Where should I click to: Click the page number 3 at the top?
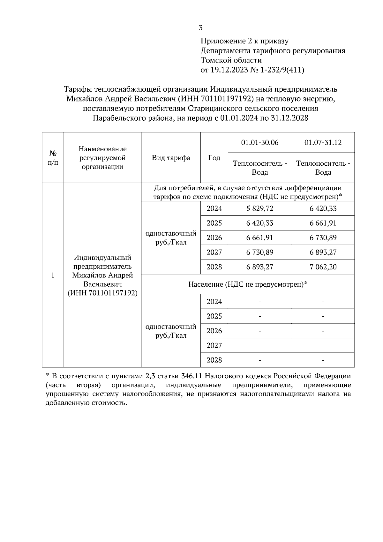click(x=200, y=28)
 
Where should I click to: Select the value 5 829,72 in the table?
click(x=259, y=209)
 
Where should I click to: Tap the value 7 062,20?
click(x=323, y=267)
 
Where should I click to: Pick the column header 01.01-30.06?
click(x=259, y=142)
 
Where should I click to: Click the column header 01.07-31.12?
click(x=323, y=142)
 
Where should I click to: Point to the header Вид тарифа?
click(x=171, y=158)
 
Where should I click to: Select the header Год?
click(x=214, y=158)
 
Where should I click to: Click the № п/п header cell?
click(x=53, y=158)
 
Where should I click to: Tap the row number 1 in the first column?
click(x=53, y=275)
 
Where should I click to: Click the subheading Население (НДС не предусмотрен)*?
click(x=248, y=284)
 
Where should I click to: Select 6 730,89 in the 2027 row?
click(x=259, y=252)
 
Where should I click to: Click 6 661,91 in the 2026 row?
click(x=259, y=238)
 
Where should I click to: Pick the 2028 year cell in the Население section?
click(x=214, y=360)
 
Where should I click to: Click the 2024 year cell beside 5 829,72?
click(x=214, y=209)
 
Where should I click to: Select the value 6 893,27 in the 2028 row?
click(x=259, y=267)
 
